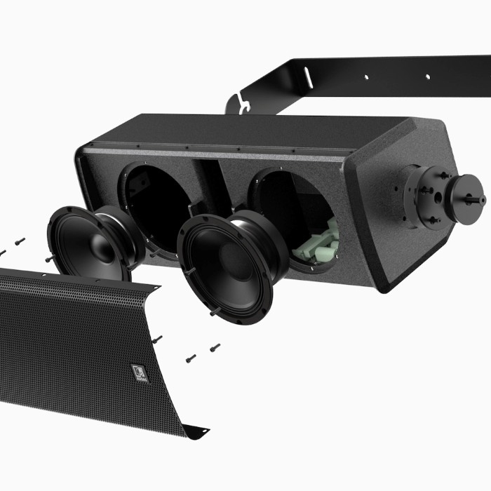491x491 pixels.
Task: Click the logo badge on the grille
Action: pyautogui.click(x=136, y=372)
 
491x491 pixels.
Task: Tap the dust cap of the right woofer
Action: pyautogui.click(x=227, y=260)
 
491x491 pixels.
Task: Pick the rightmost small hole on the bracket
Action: pyautogui.click(x=427, y=76)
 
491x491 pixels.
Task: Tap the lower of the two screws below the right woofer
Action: pyautogui.click(x=191, y=358)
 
